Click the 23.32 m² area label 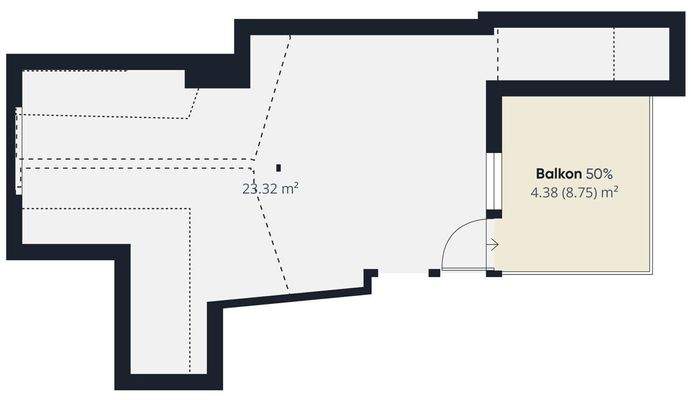click(271, 187)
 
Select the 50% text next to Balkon click(600, 173)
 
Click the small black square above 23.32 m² click(279, 167)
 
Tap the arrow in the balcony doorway click(492, 243)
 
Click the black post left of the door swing click(434, 272)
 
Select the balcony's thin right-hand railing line click(651, 185)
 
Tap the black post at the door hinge click(489, 272)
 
